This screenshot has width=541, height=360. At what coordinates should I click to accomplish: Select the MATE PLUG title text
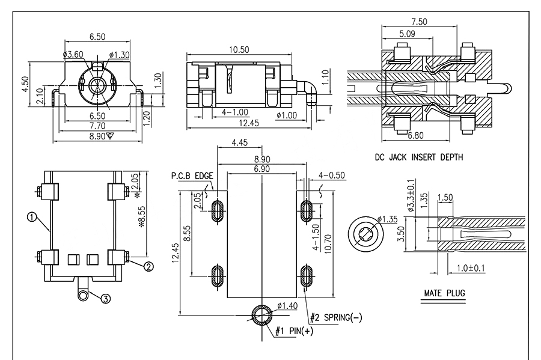pyautogui.click(x=445, y=293)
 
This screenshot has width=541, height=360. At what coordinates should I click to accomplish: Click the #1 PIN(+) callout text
pyautogui.click(x=295, y=331)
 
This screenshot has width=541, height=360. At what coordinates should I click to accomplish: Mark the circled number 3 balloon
pyautogui.click(x=105, y=299)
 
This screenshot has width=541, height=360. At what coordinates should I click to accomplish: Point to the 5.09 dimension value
pyautogui.click(x=406, y=34)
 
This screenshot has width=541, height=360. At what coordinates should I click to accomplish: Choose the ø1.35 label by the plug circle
pyautogui.click(x=388, y=218)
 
